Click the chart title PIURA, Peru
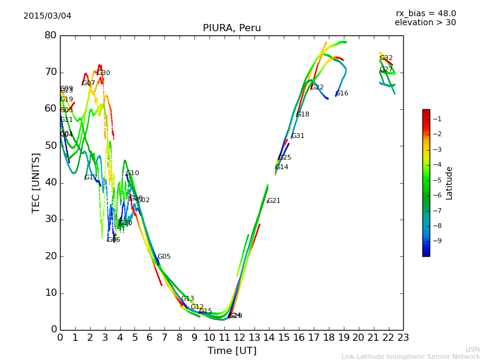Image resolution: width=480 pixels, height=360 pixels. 232,28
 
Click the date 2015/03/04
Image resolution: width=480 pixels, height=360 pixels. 47,16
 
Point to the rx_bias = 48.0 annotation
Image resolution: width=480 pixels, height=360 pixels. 425,13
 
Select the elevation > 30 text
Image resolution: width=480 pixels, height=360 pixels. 425,23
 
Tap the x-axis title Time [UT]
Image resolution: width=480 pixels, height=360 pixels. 232,350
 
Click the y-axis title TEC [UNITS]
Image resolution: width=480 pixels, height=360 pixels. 37,182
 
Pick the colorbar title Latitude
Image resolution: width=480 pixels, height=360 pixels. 449,183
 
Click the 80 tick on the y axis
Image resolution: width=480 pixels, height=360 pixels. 50,35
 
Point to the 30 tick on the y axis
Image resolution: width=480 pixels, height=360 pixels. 50,220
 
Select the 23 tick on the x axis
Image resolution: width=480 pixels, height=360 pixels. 403,337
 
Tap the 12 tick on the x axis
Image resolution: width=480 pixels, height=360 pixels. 239,337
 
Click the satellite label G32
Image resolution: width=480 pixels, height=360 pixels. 386,58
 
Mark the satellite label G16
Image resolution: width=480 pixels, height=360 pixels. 342,94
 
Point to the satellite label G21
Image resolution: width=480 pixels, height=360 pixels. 274,201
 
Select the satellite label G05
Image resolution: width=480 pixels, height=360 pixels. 164,257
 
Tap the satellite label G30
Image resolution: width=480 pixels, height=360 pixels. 104,73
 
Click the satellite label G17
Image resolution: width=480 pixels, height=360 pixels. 91,178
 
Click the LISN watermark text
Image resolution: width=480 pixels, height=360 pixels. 473,349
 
